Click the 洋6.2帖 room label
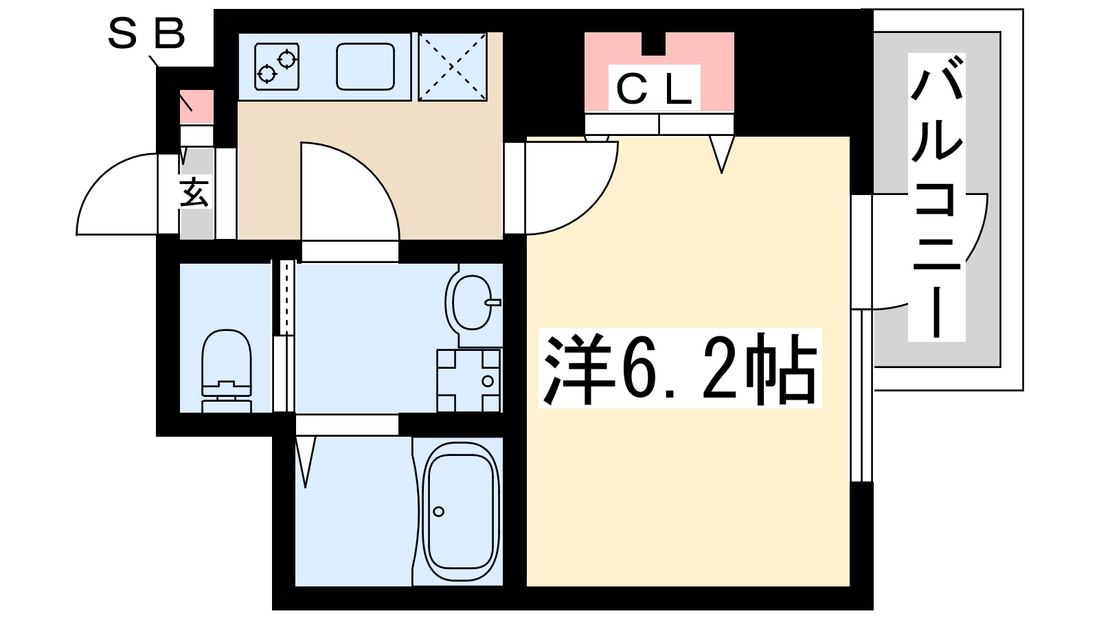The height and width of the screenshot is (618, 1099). coord(680,369)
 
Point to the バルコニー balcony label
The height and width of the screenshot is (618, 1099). coord(936,198)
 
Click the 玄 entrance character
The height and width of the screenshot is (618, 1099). coord(194,193)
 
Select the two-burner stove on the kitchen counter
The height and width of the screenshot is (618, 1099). coord(277,66)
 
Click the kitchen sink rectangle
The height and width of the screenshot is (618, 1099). coord(365,67)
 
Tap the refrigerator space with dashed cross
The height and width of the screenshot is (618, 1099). coord(452,67)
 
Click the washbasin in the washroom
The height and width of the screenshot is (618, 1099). coord(472,302)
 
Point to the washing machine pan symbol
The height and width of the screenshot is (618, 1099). coord(469,380)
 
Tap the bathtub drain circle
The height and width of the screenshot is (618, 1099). coord(438,511)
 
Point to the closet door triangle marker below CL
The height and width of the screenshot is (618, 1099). coord(721,153)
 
